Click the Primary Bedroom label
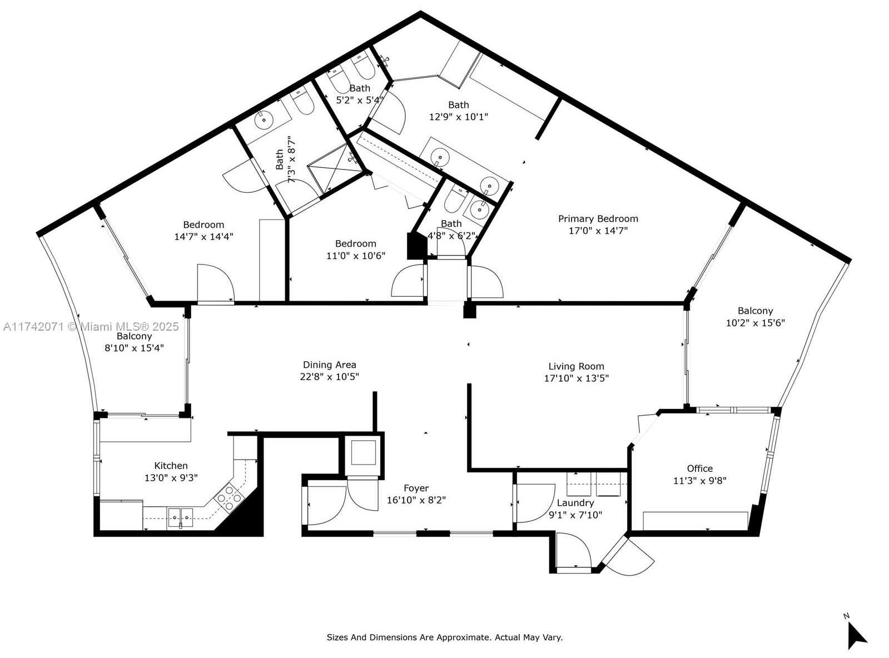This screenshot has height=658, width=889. click(x=598, y=219)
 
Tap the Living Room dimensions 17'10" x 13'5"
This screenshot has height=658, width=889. click(x=576, y=378)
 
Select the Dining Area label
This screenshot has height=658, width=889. click(x=329, y=365)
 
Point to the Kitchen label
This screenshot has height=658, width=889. click(x=171, y=466)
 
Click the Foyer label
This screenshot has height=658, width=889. click(x=416, y=488)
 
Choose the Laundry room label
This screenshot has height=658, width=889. click(x=575, y=503)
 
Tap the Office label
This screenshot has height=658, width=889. click(x=700, y=468)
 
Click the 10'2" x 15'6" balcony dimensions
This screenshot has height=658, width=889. click(x=755, y=322)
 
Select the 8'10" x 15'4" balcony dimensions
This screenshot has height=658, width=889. click(x=135, y=348)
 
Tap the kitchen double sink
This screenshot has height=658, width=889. click(x=180, y=517)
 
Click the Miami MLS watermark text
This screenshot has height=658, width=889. click(x=91, y=327)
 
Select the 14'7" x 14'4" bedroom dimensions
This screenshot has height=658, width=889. click(x=203, y=236)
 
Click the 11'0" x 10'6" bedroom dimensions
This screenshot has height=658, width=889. click(x=356, y=255)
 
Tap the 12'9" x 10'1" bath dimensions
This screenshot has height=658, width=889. click(x=459, y=117)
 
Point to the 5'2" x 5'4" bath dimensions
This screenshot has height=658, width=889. click(x=360, y=100)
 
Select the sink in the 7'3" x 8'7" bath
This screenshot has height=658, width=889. click(x=264, y=119)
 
